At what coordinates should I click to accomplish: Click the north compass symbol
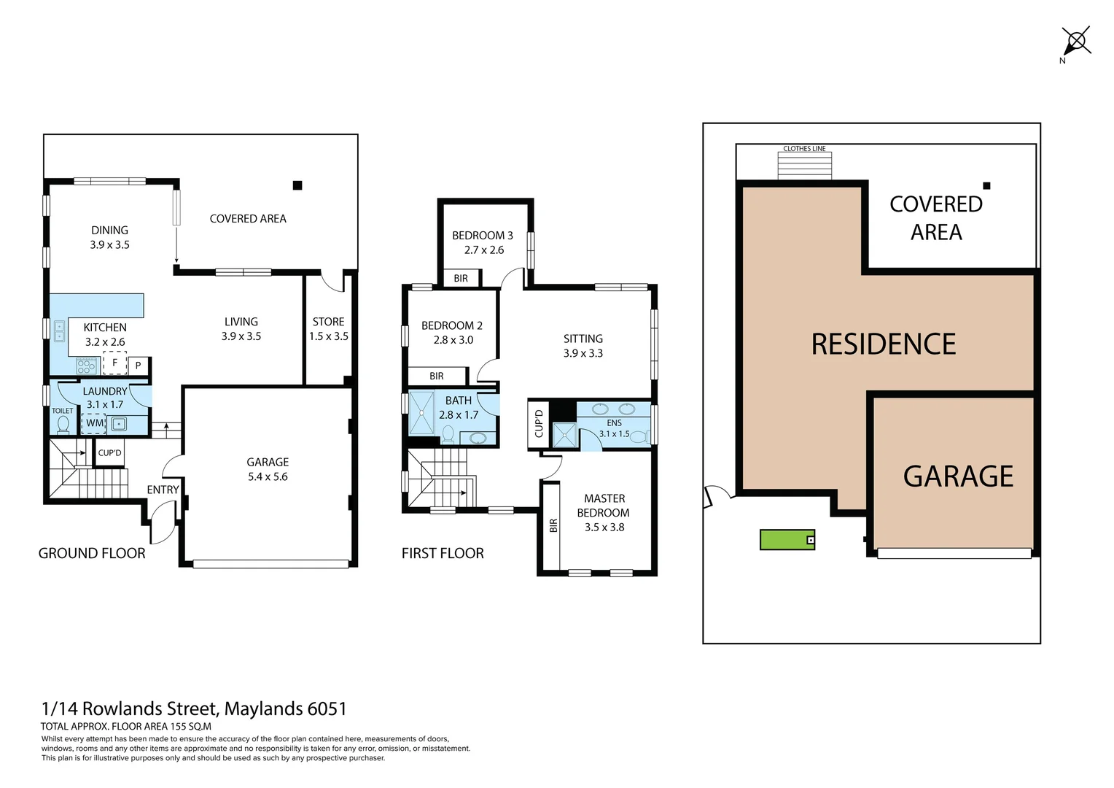point(1075,41)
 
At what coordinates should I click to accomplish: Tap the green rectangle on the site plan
point(787,540)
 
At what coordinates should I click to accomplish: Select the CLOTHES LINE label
point(804,149)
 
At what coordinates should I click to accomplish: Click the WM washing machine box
point(94,423)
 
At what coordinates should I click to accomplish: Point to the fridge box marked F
point(114,363)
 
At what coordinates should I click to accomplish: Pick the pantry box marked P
point(139,366)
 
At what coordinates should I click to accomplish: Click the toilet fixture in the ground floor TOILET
point(63,425)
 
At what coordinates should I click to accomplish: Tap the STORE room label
point(328,322)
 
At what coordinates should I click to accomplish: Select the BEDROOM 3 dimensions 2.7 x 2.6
point(484,250)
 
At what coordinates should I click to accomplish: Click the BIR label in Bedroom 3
point(461,279)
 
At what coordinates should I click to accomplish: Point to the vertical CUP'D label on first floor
point(539,424)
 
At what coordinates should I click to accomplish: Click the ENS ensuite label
point(615,423)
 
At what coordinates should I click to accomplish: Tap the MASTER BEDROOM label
point(604,506)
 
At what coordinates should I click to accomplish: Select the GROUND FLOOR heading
point(92,554)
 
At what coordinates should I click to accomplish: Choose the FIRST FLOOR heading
point(443,554)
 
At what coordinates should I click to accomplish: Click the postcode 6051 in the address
point(327,709)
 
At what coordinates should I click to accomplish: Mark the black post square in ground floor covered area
point(297,185)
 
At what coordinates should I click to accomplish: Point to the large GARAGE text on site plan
point(958,477)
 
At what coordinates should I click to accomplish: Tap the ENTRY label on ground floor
point(163,490)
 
